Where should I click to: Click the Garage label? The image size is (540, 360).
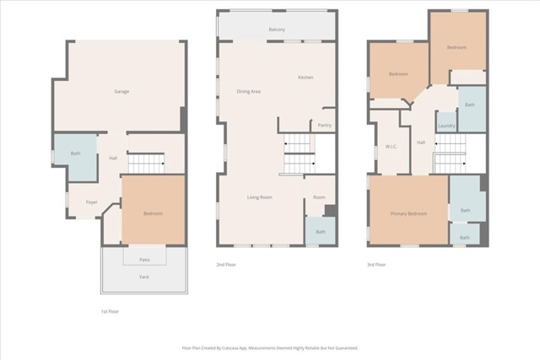click(121, 90)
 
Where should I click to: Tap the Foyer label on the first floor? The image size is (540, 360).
click(91, 202)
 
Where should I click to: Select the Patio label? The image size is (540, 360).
click(144, 259)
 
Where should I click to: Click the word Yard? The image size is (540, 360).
click(144, 275)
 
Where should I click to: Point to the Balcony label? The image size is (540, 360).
click(277, 30)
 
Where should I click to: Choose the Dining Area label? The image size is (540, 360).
click(248, 91)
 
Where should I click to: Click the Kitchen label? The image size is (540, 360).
click(305, 78)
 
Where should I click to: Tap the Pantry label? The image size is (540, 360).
click(325, 125)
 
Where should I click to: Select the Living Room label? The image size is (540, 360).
click(259, 197)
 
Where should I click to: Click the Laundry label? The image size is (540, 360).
click(446, 126)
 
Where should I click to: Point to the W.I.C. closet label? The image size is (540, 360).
click(391, 147)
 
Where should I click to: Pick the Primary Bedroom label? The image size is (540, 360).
click(408, 213)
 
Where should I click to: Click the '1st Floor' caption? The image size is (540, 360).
click(110, 311)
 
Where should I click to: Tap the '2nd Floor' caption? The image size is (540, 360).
click(226, 265)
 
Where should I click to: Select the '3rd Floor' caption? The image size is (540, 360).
click(376, 265)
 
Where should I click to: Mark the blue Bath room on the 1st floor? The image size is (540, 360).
click(75, 154)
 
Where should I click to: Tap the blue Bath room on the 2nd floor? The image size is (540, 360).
click(320, 230)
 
